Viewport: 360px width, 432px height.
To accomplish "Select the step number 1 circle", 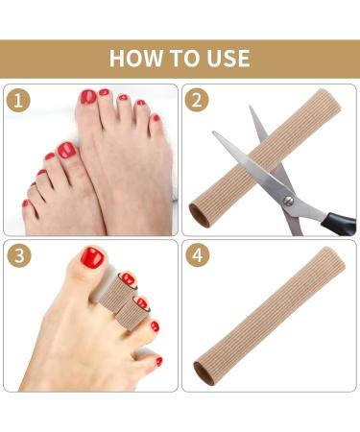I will [x=18, y=101].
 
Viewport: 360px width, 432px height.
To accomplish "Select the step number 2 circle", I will [x=198, y=101].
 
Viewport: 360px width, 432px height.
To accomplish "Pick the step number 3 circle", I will [x=18, y=256].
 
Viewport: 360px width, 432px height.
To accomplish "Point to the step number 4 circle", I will [x=198, y=256].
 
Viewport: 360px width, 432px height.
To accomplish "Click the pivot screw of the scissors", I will [x=285, y=199].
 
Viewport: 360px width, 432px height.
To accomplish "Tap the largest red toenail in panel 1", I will [x=66, y=151].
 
